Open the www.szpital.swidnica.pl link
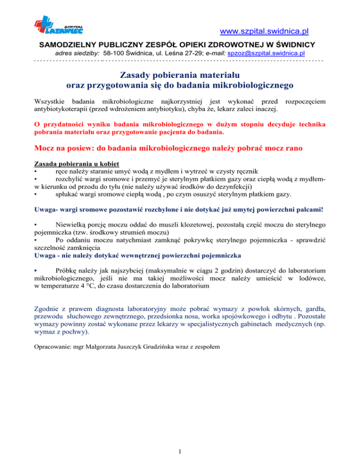point(268,32)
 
